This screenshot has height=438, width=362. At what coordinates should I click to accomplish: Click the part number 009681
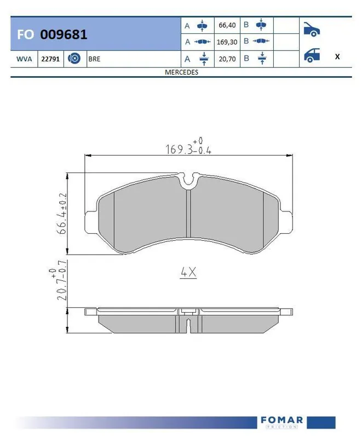click(64, 34)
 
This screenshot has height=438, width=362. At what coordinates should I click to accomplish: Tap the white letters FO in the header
click(25, 34)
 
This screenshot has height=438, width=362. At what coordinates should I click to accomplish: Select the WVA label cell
click(24, 59)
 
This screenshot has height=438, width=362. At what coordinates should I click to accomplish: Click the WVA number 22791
click(50, 59)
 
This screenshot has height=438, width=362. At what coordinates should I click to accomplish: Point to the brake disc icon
click(74, 59)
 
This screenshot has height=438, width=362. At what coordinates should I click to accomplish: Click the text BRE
click(94, 59)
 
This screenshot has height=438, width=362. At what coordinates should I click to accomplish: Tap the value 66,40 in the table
click(227, 25)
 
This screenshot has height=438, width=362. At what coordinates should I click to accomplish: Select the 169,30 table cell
click(227, 42)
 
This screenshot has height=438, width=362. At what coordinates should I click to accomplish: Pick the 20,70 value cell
click(227, 59)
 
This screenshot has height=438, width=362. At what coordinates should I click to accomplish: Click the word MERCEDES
click(181, 72)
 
